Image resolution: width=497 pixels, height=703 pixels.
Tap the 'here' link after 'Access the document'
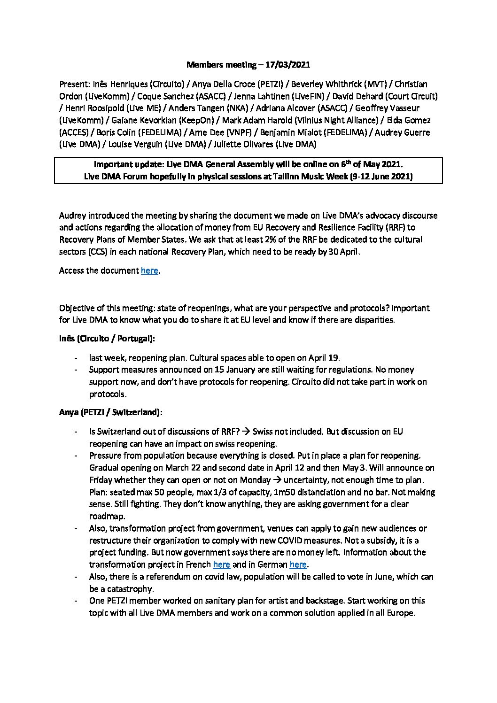click(149, 270)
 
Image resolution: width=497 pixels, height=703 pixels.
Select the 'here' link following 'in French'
click(221, 564)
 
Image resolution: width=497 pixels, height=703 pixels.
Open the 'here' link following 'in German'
click(298, 564)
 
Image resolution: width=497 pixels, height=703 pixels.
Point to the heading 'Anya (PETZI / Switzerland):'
click(111, 412)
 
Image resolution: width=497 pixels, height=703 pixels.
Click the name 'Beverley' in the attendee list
click(307, 84)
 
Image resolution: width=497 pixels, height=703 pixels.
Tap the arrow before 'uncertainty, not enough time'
click(277, 480)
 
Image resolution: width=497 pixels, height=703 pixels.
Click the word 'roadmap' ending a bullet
click(107, 516)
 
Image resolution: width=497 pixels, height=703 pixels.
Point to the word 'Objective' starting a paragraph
click(78, 308)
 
